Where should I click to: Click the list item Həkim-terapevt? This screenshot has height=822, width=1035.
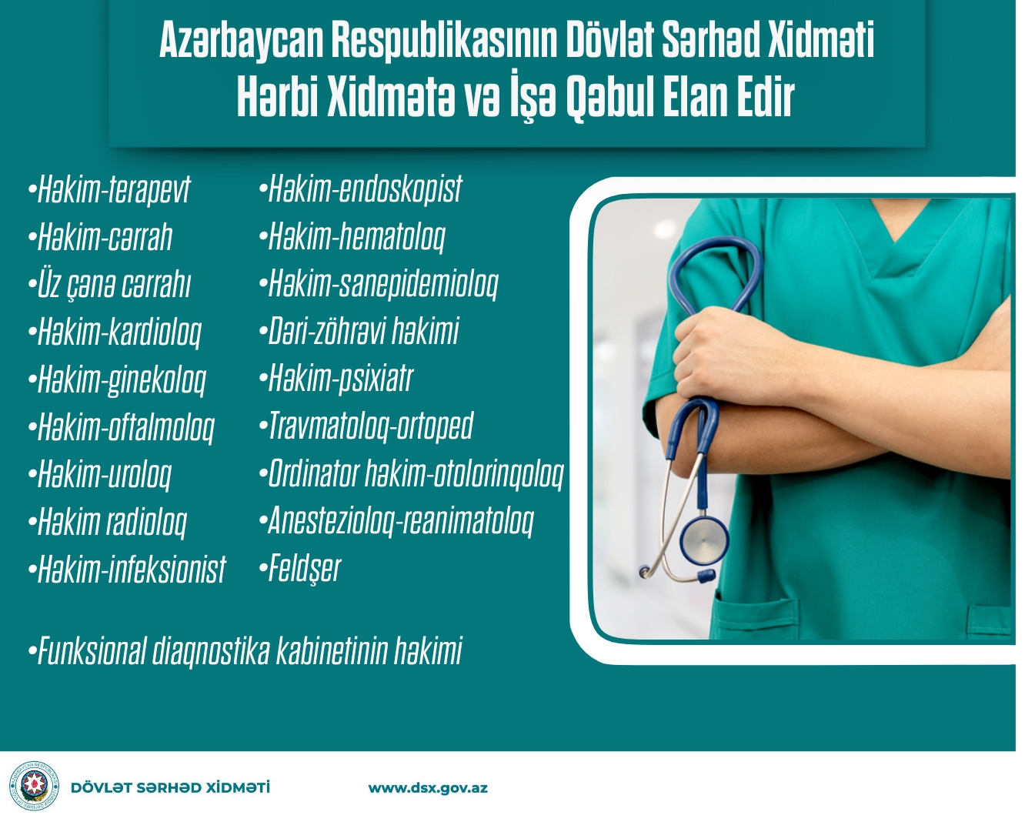[109, 189]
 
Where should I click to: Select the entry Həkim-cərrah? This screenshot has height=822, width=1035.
[101, 236]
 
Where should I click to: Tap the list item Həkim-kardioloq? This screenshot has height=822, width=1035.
[115, 332]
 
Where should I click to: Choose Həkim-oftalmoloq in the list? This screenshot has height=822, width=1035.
[122, 427]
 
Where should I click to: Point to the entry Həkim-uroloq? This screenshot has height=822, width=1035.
[100, 475]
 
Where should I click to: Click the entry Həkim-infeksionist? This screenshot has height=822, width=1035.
[127, 569]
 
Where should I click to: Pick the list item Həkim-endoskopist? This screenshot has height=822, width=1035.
[361, 189]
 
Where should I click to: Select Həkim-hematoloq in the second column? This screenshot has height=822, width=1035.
[352, 236]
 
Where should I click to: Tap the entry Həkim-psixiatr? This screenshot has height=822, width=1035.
[336, 379]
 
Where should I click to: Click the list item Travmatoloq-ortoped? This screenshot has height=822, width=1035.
[366, 426]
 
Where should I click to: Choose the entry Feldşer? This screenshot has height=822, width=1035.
[300, 569]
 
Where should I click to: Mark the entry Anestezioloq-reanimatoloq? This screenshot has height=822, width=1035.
[396, 521]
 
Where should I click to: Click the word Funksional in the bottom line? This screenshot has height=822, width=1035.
[92, 650]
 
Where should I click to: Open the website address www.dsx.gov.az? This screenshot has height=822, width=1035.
[428, 788]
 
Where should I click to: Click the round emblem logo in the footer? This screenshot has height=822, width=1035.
[34, 786]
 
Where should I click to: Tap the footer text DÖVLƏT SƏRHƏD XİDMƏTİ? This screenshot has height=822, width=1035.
[170, 787]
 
